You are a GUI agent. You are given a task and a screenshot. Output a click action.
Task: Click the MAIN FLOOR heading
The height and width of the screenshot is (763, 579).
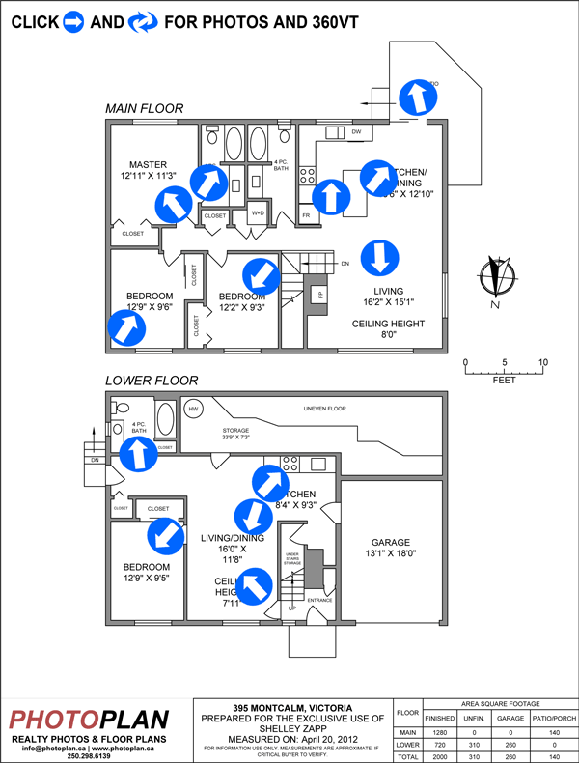click(144, 109)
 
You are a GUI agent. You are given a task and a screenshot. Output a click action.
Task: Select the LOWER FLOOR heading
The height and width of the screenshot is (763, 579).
click(152, 381)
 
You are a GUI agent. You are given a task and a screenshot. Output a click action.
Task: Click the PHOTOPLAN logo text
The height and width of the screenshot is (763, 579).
click(89, 720)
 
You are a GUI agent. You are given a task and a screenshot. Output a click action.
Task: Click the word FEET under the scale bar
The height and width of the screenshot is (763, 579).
click(504, 381)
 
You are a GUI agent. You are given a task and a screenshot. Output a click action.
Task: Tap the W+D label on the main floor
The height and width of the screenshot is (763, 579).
click(258, 212)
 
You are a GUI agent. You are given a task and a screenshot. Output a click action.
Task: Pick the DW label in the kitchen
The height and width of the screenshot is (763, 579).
click(356, 131)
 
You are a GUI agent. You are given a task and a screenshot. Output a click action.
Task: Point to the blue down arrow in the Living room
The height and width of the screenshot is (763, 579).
click(377, 257)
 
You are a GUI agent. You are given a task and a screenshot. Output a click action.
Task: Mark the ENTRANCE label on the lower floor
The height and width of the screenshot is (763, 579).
click(319, 600)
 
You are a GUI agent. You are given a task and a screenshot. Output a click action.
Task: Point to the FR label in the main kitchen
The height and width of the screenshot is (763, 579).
click(306, 214)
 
